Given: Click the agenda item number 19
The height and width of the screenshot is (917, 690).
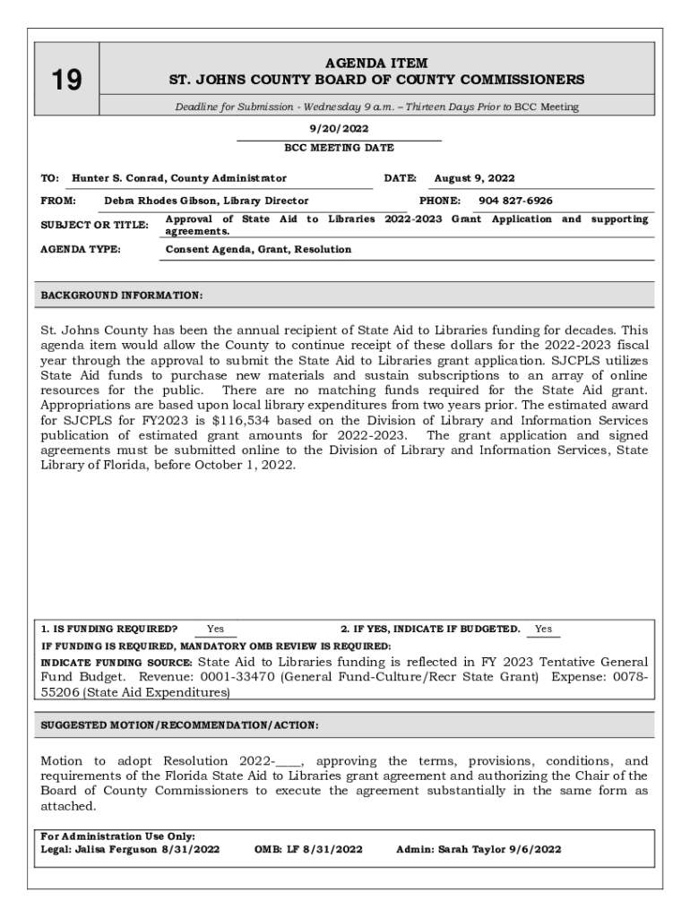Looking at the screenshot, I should (x=65, y=81).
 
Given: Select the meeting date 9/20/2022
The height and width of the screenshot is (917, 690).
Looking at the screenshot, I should (x=339, y=129).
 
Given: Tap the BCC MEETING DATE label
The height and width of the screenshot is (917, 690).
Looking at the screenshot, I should (x=339, y=148).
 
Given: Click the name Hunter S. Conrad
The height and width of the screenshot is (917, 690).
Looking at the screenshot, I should (x=119, y=178).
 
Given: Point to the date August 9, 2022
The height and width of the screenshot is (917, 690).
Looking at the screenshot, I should (x=474, y=178).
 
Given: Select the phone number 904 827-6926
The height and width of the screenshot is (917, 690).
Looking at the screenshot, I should (x=515, y=201).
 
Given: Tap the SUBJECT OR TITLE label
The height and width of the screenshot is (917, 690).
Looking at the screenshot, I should (x=94, y=225).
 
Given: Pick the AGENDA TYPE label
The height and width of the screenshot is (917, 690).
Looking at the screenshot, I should (x=81, y=249).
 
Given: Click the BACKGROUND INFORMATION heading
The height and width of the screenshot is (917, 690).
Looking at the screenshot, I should (x=122, y=295).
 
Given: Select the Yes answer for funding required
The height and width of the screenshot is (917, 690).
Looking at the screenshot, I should (x=215, y=630).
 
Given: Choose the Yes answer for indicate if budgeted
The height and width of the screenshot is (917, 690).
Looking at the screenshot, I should (x=543, y=630).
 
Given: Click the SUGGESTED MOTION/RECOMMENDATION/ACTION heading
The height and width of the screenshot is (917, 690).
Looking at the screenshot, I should (x=179, y=724).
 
